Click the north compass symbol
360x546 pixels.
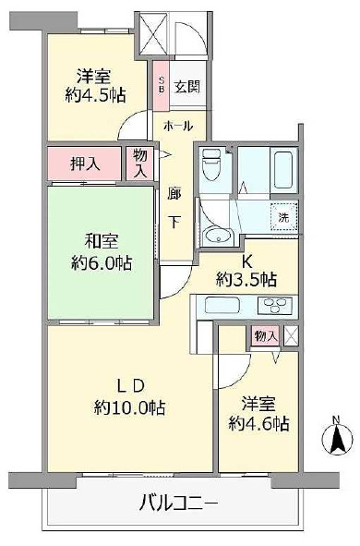[x=335, y=437]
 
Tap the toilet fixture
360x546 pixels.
[x=211, y=164]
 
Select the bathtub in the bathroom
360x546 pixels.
[x=283, y=169]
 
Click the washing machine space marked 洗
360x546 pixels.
[x=284, y=217]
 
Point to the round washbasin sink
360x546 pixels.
[x=218, y=237]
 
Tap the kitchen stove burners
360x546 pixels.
[x=277, y=306]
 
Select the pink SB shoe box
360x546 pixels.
[x=162, y=85]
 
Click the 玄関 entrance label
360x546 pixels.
[x=187, y=87]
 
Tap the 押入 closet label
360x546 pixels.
[x=85, y=164]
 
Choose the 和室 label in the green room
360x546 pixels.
[x=102, y=241]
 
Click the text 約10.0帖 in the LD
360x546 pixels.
[x=129, y=407]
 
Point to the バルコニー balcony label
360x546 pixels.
[x=179, y=504]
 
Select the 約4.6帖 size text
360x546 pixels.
[x=258, y=424]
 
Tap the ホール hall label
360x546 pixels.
[x=178, y=126]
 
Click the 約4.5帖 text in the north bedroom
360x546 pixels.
[x=95, y=95]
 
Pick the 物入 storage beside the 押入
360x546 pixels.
[x=139, y=164]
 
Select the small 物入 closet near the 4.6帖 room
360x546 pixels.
[x=267, y=336]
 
